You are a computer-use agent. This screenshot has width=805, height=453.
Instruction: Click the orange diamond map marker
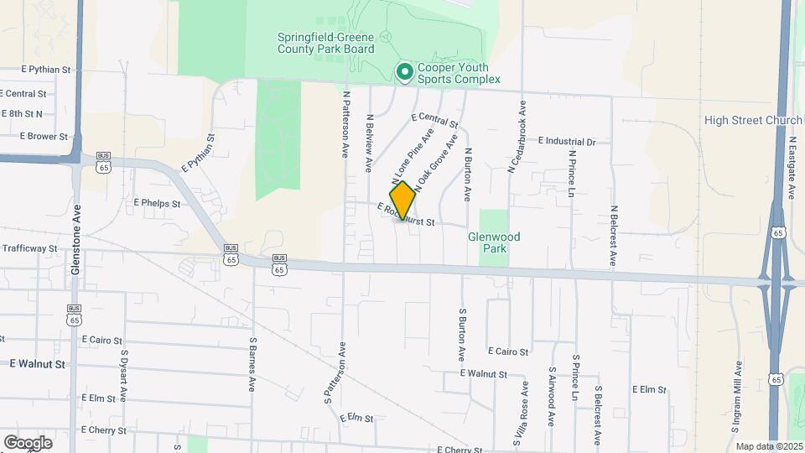pos(403,200)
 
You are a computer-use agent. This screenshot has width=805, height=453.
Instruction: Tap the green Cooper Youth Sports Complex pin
pos(404,73)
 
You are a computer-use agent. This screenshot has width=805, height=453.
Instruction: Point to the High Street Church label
pos(753,121)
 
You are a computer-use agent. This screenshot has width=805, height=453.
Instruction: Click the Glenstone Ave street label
pos(76,240)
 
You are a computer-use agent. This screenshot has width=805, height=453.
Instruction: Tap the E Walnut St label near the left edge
pos(37,364)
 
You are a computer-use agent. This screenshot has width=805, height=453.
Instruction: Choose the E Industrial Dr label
pos(567,142)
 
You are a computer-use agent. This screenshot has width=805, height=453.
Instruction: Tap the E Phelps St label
pos(157,203)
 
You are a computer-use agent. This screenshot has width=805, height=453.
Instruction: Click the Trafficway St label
pos(29,248)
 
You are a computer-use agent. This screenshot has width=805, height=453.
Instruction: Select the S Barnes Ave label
pos(252,365)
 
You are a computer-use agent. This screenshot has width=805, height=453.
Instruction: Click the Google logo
pos(27,443)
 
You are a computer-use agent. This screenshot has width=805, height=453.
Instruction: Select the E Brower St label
pos(44,136)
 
